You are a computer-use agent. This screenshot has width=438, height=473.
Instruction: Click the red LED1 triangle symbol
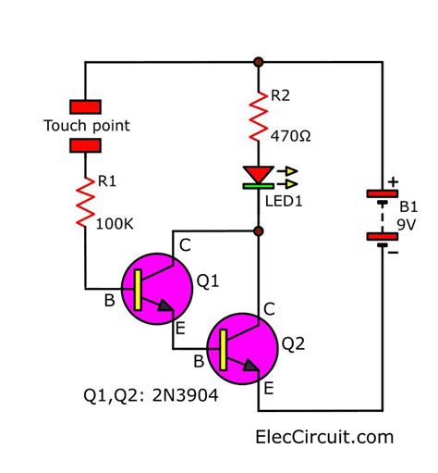tap(256, 173)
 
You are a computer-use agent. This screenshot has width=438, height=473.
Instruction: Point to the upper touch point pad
tap(86, 106)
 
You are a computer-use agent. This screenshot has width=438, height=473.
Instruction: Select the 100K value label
tap(116, 222)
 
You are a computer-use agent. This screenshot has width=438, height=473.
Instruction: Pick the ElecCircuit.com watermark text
tap(323, 436)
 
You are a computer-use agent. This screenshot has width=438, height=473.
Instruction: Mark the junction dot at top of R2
tap(258, 63)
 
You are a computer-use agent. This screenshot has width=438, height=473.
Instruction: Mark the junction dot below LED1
tap(258, 230)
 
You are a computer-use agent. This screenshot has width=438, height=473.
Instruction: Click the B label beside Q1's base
tap(109, 300)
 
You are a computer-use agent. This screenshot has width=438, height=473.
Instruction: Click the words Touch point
tap(87, 125)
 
